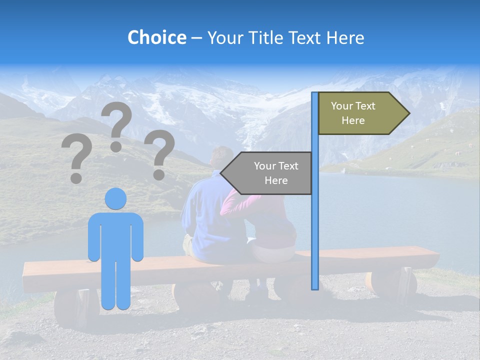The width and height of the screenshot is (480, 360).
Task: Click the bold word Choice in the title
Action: (156, 37)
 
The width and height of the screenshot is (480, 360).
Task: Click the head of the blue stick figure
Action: (115, 198)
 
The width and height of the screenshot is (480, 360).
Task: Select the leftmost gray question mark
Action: (76, 158)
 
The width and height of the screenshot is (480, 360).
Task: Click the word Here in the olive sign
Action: (353, 120)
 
